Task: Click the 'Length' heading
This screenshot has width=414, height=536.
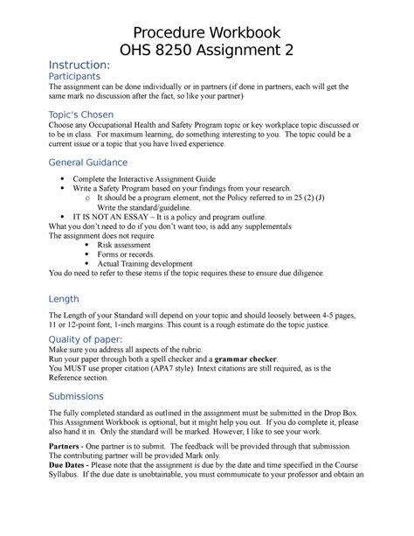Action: (x=66, y=299)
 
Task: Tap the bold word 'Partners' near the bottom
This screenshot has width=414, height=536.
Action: (x=67, y=446)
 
